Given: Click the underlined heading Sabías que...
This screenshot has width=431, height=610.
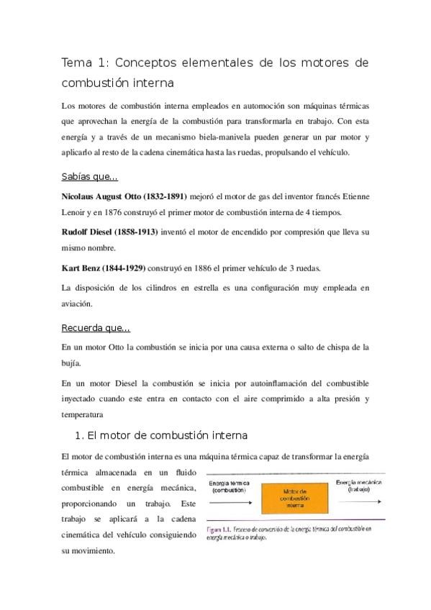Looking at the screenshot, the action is point(90,176).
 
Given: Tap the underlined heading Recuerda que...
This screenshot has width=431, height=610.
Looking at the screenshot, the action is point(96,329).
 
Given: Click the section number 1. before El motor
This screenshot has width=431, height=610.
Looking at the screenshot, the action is point(80,435).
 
